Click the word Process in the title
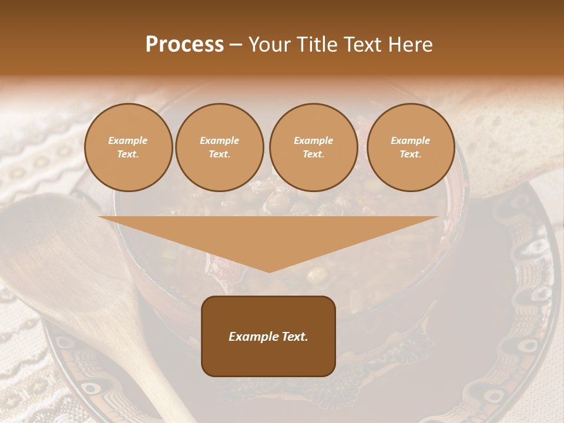click(184, 45)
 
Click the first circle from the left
click(128, 147)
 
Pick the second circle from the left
click(219, 147)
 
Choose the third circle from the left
click(313, 147)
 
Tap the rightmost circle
click(410, 147)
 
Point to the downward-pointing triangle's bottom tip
click(269, 271)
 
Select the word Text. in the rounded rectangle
click(294, 337)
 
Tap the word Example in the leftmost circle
click(128, 141)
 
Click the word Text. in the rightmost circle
click(410, 155)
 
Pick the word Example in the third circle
click(313, 141)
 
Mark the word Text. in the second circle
click(219, 155)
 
